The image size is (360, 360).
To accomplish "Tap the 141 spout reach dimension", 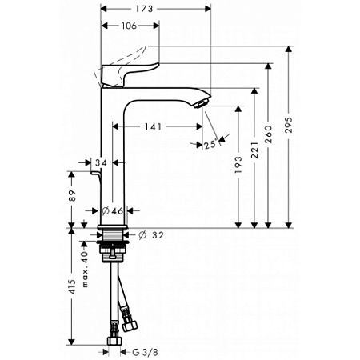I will coord(155,126).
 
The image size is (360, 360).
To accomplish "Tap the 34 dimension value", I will coord(101,163).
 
